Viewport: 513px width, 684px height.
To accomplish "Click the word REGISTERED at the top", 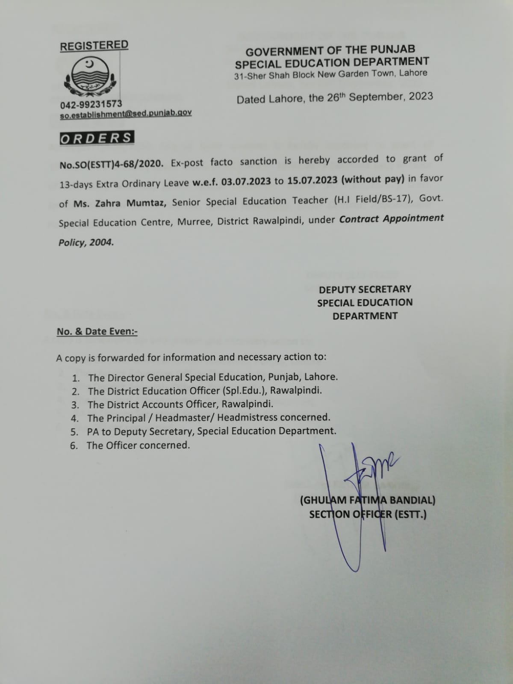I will pyautogui.click(x=94, y=45).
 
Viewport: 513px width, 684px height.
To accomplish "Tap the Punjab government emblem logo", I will pyautogui.click(x=90, y=77).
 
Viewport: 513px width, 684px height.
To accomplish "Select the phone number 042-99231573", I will pyautogui.click(x=91, y=104).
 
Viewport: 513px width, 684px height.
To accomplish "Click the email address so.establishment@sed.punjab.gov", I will pyautogui.click(x=126, y=114).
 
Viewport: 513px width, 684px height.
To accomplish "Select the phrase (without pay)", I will pyautogui.click(x=373, y=179).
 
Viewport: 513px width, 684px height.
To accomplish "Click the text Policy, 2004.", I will pyautogui.click(x=86, y=242).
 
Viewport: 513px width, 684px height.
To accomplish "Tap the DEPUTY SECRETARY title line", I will pyautogui.click(x=365, y=289).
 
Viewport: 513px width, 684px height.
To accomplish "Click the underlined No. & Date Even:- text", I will pyautogui.click(x=97, y=331).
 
